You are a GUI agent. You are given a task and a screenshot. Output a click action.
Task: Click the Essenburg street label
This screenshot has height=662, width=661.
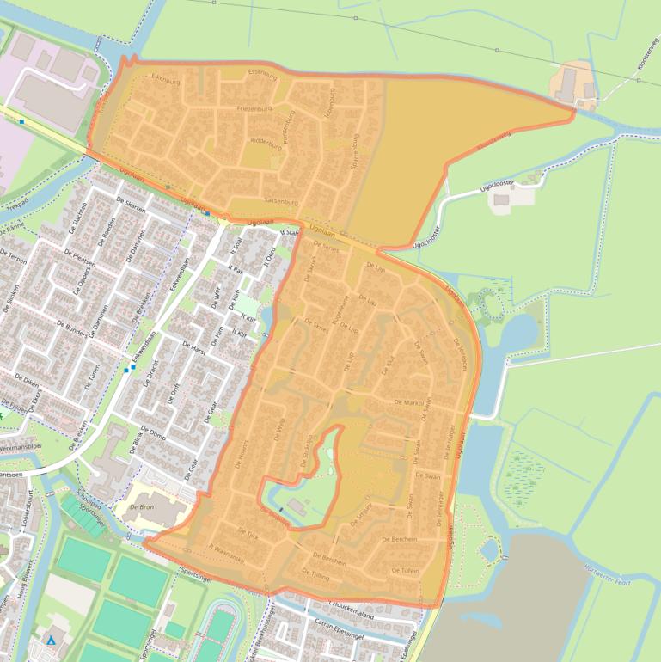pos(259,72)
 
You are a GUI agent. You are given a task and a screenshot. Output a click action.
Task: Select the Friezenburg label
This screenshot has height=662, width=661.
pos(254,109)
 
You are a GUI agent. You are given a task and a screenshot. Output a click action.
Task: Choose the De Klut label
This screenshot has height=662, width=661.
pos(386,365)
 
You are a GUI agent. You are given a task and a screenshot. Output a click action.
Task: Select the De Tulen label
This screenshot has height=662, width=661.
pos(405,570)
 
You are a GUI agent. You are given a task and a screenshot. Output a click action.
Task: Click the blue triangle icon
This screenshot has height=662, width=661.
pos(51,641)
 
